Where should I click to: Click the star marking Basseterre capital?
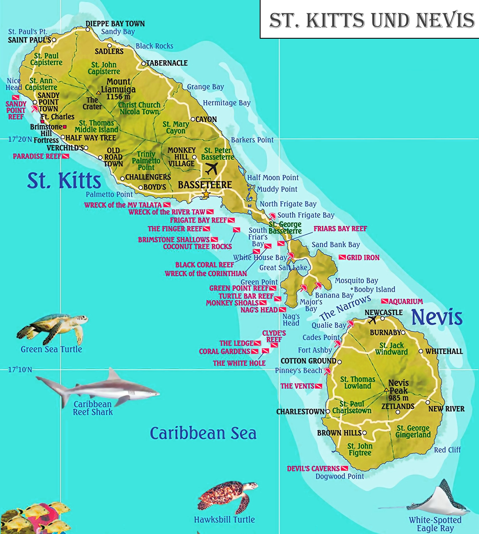[206, 194]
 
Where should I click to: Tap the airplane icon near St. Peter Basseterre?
[212, 168]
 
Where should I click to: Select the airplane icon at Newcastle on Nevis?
[372, 320]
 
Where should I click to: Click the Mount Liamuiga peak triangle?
[99, 93]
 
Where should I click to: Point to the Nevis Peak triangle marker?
[386, 390]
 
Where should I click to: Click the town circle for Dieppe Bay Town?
[88, 29]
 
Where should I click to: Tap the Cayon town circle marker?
[193, 119]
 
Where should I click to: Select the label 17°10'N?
[20, 370]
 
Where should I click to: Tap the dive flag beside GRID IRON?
[342, 257]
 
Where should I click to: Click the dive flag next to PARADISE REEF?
[66, 156]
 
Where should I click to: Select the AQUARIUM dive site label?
[405, 301]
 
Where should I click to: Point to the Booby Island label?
[374, 289]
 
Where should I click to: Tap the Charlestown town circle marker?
[328, 411]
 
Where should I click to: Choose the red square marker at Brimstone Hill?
[65, 127]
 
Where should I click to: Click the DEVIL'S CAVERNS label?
[313, 468]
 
